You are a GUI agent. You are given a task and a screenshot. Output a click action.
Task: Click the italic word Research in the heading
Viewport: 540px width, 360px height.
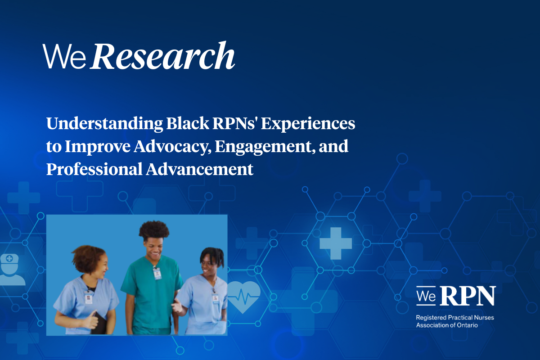coord(162,56)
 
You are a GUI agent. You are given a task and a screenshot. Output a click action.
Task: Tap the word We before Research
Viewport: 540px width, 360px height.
coord(64,56)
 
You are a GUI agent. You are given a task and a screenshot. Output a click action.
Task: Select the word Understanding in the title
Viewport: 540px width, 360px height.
coord(104,124)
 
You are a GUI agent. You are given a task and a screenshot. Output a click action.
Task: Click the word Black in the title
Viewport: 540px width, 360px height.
coord(188,123)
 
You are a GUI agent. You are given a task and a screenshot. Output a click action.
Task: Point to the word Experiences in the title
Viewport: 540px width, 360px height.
coord(308,124)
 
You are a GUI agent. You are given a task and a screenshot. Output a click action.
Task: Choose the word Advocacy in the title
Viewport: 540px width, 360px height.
coord(172,147)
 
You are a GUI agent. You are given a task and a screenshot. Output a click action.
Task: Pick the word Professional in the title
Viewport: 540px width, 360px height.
coord(94,169)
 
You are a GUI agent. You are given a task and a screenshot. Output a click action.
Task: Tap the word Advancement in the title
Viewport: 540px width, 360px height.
coord(199,169)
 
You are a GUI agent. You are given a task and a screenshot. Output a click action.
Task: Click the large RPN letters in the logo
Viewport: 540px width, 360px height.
coord(468,296)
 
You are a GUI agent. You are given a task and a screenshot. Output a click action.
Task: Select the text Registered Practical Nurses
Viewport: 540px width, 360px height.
coord(455,318)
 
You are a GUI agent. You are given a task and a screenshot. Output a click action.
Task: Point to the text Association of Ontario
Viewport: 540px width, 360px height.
coord(447,325)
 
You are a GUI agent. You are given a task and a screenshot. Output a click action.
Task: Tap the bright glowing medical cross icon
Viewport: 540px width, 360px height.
coord(336,243)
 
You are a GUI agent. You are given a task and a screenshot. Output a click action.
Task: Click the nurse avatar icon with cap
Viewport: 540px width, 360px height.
coord(11,270)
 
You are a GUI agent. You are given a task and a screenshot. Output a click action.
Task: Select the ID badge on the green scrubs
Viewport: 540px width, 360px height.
coord(157,274)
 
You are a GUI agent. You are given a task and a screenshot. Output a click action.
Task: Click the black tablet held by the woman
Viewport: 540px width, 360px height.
coord(99,323)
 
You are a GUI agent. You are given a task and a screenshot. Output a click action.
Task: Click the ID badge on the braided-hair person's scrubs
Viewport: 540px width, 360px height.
coord(215,298)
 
